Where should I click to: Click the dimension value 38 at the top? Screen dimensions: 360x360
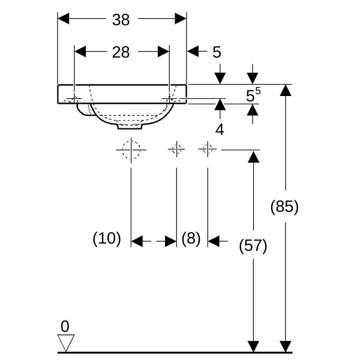[x=121, y=20]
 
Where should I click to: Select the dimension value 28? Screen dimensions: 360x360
[x=121, y=52]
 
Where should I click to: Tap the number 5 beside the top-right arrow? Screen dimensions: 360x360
[x=217, y=52]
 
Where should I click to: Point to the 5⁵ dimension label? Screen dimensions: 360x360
[x=253, y=94]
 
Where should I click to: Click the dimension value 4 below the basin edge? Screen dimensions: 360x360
[x=220, y=130]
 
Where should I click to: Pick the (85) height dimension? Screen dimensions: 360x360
[x=284, y=207]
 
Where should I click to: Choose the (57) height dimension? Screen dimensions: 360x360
[x=253, y=245]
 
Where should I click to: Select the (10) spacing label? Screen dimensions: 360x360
[x=107, y=239]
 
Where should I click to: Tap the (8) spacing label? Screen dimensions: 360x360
[x=191, y=239]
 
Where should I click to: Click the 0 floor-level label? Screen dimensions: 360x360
[x=65, y=327]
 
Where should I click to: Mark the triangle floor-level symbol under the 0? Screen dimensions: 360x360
[x=65, y=343]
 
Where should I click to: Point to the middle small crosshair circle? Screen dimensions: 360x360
[x=176, y=148]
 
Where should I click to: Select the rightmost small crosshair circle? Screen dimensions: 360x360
[x=208, y=148]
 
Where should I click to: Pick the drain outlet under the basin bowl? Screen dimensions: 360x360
[x=130, y=126]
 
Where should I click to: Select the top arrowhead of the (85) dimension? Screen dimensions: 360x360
[x=286, y=90]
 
